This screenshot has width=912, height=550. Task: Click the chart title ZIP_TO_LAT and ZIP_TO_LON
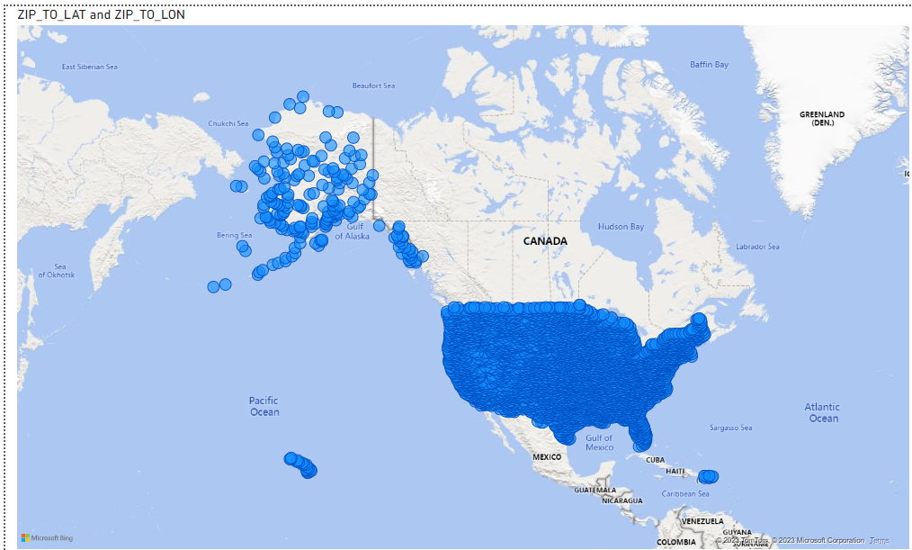(102, 14)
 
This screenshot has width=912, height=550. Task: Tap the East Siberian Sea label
(89, 67)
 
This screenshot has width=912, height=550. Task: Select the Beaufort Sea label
(373, 86)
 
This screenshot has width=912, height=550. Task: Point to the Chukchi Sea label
(228, 123)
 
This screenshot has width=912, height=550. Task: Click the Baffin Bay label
(709, 65)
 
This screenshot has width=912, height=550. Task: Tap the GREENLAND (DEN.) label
(822, 118)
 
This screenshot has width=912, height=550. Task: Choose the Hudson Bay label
(621, 227)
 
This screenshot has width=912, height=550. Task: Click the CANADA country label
(546, 241)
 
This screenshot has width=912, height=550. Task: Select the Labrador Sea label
(757, 247)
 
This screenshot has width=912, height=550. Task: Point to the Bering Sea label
(234, 235)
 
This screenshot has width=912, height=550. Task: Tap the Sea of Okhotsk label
(60, 270)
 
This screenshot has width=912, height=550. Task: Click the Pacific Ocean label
(264, 406)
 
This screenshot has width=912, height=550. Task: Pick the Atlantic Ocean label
(822, 412)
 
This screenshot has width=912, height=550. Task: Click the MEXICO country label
(546, 457)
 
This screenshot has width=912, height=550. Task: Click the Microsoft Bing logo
(47, 537)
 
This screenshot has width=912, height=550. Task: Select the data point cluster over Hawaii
(300, 464)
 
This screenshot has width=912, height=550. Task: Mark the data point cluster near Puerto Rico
(708, 475)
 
